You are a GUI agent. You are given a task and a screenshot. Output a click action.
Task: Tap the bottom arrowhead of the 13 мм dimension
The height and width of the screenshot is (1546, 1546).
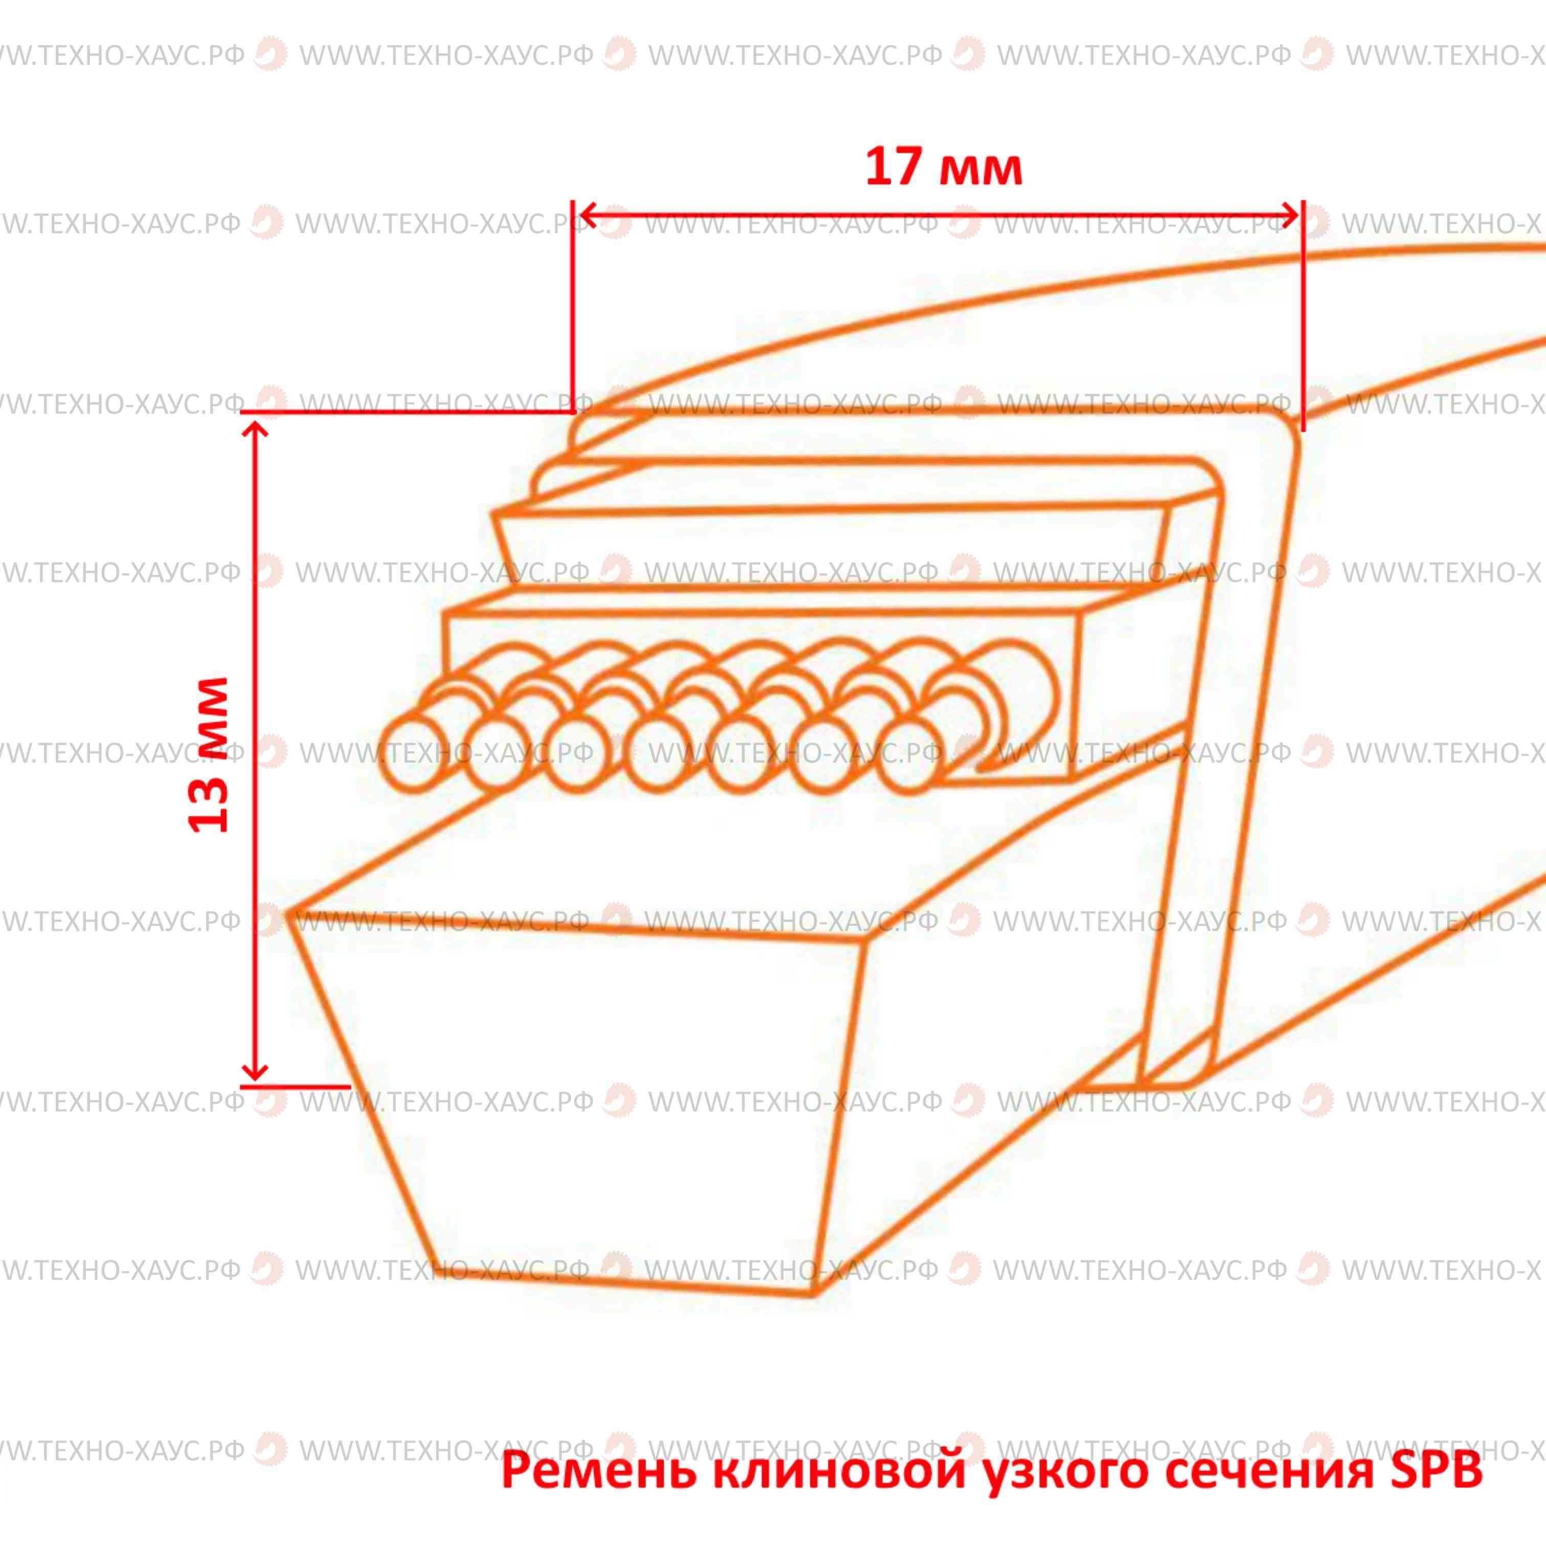click(x=255, y=1070)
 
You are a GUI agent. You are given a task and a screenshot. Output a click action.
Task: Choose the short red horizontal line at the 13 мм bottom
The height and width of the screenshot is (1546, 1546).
click(x=295, y=1087)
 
